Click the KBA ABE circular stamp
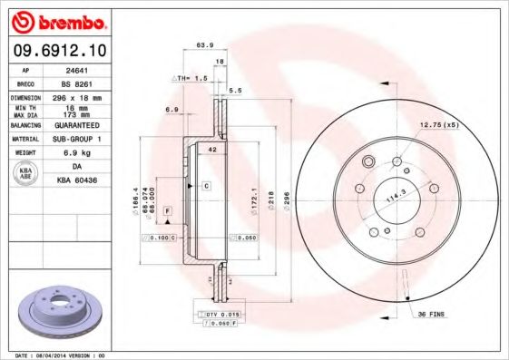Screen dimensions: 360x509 tap(26, 174)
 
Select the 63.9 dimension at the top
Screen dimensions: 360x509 tap(205, 44)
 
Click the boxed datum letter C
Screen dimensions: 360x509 tap(206, 185)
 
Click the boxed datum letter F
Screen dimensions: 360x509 tap(168, 210)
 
